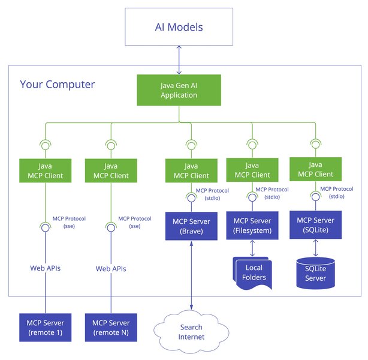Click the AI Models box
pyautogui.click(x=179, y=28)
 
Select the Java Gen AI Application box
pyautogui.click(x=179, y=91)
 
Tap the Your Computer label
pyautogui.click(x=58, y=84)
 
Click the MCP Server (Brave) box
pyautogui.click(x=191, y=226)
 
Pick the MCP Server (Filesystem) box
pyautogui.click(x=252, y=226)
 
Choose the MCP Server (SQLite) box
pyautogui.click(x=315, y=225)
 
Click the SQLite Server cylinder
pyautogui.click(x=315, y=274)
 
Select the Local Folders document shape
pyautogui.click(x=252, y=273)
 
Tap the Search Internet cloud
pyautogui.click(x=191, y=332)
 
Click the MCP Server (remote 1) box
pyautogui.click(x=45, y=327)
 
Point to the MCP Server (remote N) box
pyautogui.click(x=111, y=327)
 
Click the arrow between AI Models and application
pyautogui.click(x=179, y=61)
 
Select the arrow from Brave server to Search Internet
pyautogui.click(x=191, y=277)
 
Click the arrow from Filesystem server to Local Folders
pyautogui.click(x=252, y=248)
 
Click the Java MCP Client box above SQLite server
pyautogui.click(x=315, y=170)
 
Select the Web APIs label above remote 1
pyautogui.click(x=46, y=268)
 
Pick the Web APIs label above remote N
pyautogui.click(x=111, y=268)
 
